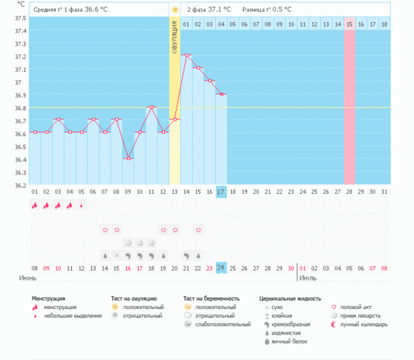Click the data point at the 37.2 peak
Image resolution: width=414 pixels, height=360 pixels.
tap(186, 55)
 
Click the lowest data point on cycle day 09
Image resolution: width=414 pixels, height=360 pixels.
tap(128, 159)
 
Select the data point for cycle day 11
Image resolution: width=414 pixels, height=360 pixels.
tap(151, 107)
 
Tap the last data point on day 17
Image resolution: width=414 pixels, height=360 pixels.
tap(221, 94)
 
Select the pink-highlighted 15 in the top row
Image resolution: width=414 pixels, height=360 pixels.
tap(350, 24)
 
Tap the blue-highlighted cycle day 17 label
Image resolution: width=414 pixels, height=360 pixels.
tap(221, 191)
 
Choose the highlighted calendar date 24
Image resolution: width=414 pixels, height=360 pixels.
tap(221, 268)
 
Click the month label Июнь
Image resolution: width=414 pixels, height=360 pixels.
tap(28, 277)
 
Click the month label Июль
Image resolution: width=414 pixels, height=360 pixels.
tap(308, 277)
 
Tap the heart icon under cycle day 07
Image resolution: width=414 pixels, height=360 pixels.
tap(105, 230)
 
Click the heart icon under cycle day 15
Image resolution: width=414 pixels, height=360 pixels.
tap(198, 230)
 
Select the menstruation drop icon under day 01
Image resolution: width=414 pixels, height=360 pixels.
tap(34, 205)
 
